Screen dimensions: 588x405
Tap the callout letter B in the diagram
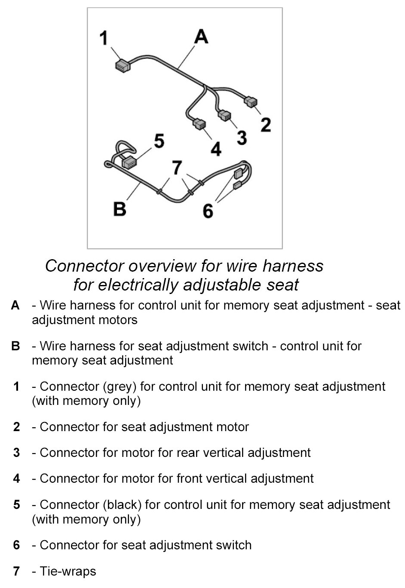120,209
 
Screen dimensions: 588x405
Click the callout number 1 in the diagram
104,38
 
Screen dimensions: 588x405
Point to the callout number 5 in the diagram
159,141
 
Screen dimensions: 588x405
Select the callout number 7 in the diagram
177,168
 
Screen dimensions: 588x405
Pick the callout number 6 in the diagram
208,211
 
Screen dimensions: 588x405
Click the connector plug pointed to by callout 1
123,66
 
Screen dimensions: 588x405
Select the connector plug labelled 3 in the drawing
224,116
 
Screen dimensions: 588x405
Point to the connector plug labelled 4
199,124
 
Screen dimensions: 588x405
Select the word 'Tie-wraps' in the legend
68,571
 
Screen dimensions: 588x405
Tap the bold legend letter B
15,346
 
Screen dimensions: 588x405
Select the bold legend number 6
16,545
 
